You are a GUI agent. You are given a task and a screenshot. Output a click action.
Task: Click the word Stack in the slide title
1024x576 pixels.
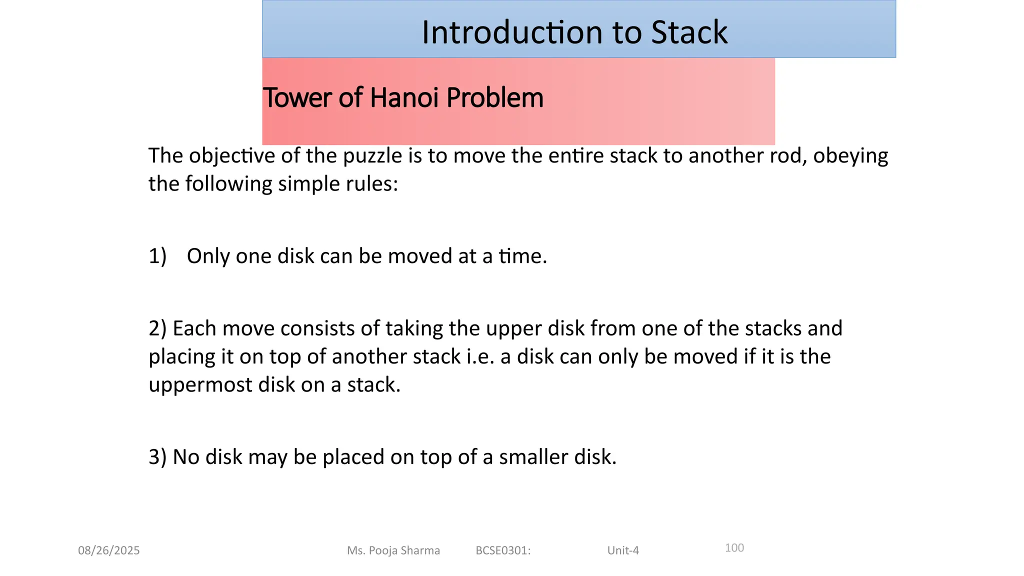689,32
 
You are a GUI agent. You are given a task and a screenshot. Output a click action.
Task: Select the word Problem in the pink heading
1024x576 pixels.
494,97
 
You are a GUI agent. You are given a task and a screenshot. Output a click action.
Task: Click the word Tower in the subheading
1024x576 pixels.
297,97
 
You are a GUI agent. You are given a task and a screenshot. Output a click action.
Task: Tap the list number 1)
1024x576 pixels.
157,256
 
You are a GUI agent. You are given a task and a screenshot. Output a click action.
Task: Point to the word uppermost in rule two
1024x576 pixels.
200,384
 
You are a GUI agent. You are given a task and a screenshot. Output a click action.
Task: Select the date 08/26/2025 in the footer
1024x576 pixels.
109,550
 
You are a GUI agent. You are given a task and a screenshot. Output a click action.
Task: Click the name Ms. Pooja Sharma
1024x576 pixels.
393,550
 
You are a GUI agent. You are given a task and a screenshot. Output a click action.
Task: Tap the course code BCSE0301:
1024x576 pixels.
503,550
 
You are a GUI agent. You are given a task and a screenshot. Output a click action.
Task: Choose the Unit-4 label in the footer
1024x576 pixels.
623,550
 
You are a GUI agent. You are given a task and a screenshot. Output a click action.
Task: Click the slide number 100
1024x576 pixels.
734,548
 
